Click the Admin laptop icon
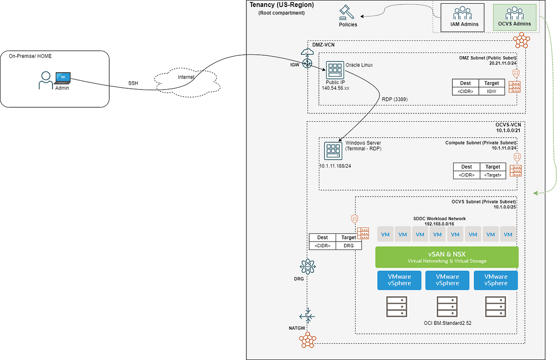[x=62, y=78]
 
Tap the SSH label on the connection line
[x=134, y=83]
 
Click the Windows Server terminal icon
[x=332, y=151]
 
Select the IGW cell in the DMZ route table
[x=491, y=91]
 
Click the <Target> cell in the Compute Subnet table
[x=492, y=175]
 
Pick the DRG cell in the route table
[x=348, y=246]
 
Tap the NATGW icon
[x=307, y=317]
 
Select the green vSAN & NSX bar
[x=447, y=257]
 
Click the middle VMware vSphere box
[x=447, y=280]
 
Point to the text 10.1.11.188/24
[x=335, y=166]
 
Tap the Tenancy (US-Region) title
[x=282, y=5]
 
